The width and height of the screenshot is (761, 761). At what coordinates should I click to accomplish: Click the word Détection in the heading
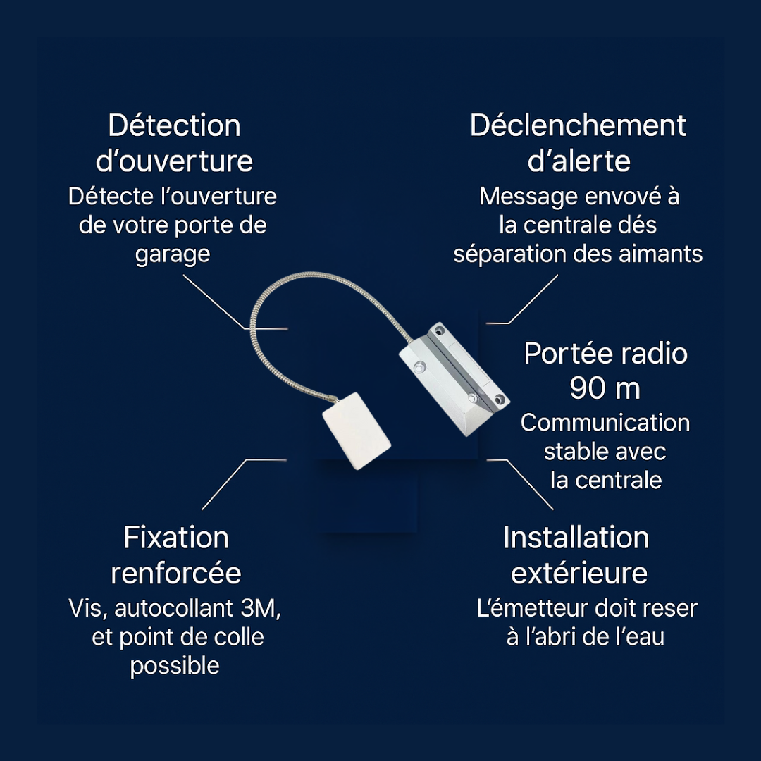click(x=174, y=126)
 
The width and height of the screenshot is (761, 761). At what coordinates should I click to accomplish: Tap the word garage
click(x=173, y=254)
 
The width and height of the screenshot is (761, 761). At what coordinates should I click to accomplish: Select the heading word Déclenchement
click(x=578, y=126)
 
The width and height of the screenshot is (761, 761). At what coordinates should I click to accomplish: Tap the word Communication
click(x=605, y=423)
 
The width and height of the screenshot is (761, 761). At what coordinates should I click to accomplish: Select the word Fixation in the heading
click(x=176, y=538)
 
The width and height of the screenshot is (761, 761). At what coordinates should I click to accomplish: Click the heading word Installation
click(x=576, y=538)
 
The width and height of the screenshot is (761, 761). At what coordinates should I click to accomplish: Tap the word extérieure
click(x=579, y=574)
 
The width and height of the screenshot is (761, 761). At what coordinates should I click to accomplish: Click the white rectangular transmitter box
click(x=357, y=431)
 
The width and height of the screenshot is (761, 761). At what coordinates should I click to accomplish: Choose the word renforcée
click(x=176, y=574)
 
